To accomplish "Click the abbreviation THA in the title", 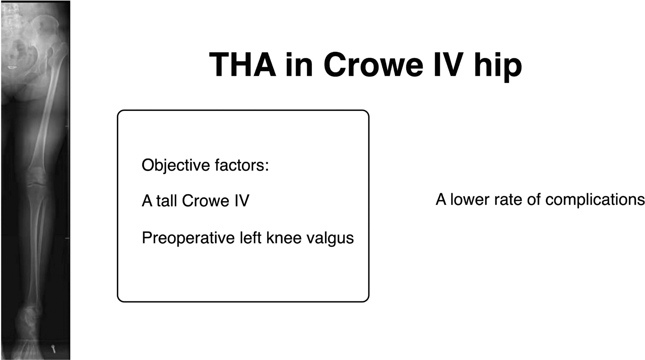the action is click(x=243, y=65).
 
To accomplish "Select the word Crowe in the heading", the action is click(x=373, y=65).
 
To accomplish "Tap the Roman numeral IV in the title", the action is click(x=448, y=65).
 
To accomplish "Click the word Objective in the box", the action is click(x=176, y=166).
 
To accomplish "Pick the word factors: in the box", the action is click(x=242, y=165).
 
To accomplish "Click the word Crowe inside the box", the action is click(x=206, y=201).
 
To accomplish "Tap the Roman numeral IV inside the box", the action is click(x=242, y=201).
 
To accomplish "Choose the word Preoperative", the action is click(x=188, y=238).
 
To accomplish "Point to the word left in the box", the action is click(x=250, y=237).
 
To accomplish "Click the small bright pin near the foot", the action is click(x=53, y=349).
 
